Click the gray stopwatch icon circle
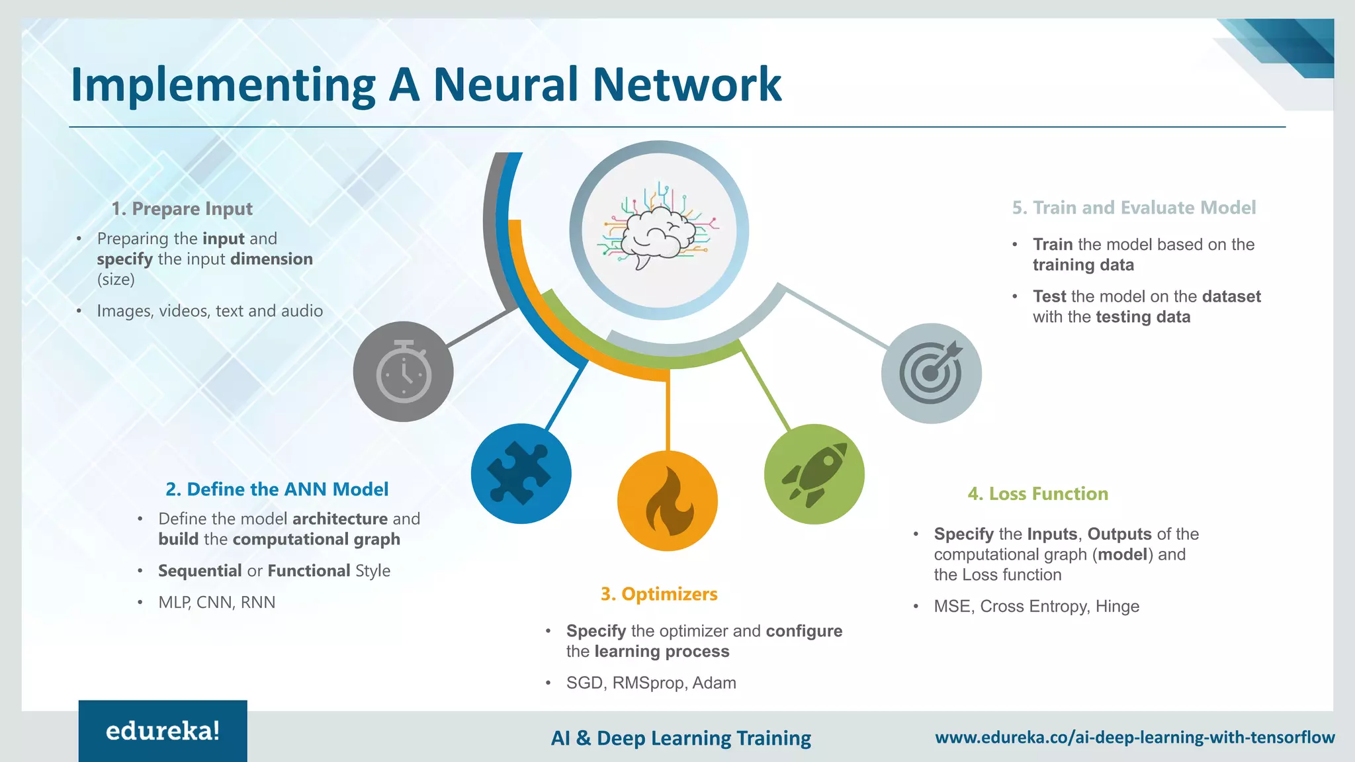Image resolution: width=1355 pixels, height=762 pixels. (x=403, y=372)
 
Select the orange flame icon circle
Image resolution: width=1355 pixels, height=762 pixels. (x=668, y=501)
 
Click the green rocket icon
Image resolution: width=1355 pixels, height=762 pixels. (x=814, y=474)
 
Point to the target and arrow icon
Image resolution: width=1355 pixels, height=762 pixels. (x=931, y=373)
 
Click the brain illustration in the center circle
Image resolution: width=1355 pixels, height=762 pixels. (x=658, y=228)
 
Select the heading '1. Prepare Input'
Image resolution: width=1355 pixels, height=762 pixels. (x=182, y=208)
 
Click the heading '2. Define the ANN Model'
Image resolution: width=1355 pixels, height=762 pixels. (x=277, y=489)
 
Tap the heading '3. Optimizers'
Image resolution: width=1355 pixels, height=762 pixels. (x=658, y=594)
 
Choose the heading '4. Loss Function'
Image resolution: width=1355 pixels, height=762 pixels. (x=1037, y=493)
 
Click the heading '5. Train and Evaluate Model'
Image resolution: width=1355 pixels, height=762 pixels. (x=1133, y=208)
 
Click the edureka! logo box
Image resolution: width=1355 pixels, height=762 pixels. (x=163, y=731)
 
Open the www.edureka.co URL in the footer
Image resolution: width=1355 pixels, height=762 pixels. (x=1134, y=737)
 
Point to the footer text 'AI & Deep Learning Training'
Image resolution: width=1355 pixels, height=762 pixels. (x=681, y=738)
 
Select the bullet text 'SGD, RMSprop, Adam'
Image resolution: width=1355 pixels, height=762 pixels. (x=651, y=683)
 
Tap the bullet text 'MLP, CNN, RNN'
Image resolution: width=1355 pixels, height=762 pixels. (x=216, y=602)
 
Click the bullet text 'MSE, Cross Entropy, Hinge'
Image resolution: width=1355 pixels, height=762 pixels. (x=1036, y=606)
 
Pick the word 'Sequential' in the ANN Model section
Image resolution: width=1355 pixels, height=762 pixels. (x=200, y=570)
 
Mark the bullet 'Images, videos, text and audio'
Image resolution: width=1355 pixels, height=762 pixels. (x=210, y=311)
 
